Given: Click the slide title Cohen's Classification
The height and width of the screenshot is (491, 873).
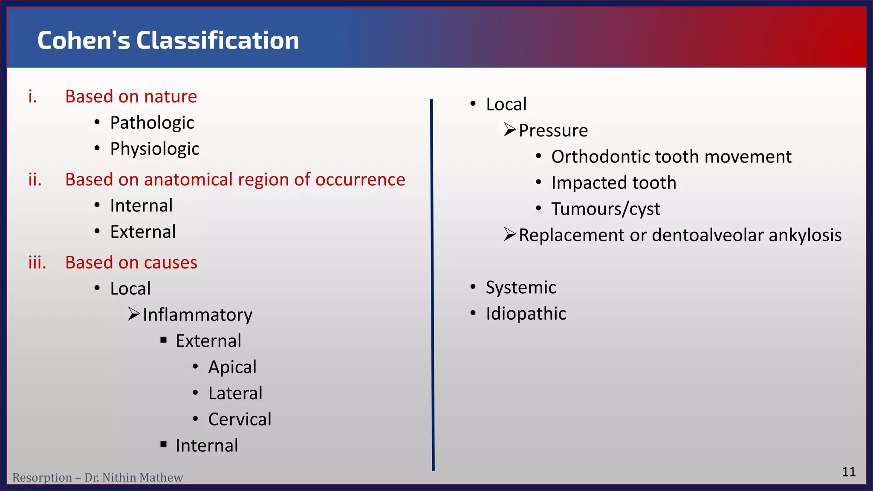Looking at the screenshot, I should coord(168,40).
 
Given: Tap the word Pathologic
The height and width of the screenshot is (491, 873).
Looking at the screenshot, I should coord(152,123).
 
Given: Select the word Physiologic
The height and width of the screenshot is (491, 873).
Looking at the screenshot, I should coord(154,149).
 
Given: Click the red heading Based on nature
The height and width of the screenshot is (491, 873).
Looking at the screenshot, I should coord(131,97).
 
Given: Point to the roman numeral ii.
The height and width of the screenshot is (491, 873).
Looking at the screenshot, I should coord(35,180).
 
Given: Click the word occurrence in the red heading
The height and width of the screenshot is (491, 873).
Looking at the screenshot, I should coord(360,180).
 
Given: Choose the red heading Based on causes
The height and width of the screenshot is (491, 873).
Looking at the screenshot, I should coord(131,263).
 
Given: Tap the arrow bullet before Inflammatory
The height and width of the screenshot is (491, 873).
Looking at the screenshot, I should coord(134,315).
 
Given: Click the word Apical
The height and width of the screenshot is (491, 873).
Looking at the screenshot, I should coord(232,367).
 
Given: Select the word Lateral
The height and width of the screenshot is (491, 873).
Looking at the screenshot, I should coord(235,393).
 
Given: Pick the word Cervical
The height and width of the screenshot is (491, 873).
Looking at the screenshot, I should coord(240,419).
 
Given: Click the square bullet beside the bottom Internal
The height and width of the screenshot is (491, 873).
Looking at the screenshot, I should coord(164,445).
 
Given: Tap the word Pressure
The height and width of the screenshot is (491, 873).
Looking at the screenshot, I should coord(553,130).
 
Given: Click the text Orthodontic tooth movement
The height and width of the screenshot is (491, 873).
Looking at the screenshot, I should coord(671,157).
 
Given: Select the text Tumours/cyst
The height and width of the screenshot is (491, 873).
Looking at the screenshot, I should coord(605,209).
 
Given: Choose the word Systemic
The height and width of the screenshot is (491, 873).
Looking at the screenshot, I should coord(521,288).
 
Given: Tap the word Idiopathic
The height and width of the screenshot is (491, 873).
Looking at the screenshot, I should coord(526,314).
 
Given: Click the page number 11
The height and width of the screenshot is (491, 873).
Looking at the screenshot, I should coord(849,472).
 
